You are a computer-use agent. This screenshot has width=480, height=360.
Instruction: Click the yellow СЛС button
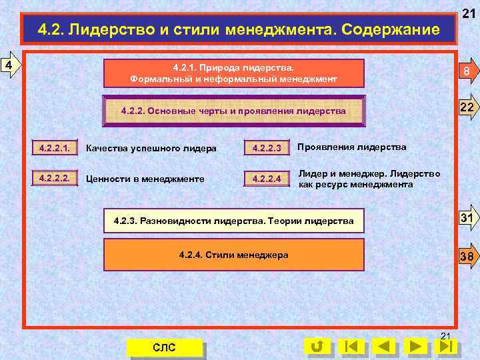tap(164, 347)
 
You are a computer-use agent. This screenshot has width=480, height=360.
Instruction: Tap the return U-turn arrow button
tap(317, 347)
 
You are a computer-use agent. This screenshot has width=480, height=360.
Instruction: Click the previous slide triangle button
tap(383, 347)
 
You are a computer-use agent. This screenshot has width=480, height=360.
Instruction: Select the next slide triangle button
tap(417, 347)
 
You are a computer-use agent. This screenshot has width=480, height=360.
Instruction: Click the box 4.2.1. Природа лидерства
tap(234, 73)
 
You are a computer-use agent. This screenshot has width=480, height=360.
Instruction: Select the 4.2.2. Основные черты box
tap(234, 111)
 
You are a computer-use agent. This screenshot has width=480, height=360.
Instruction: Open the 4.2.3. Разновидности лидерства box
tap(234, 220)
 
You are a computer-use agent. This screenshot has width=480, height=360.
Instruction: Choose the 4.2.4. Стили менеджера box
tap(234, 255)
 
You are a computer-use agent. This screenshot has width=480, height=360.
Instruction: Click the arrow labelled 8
tap(466, 73)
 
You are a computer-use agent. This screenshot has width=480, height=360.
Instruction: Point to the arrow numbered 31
tap(466, 219)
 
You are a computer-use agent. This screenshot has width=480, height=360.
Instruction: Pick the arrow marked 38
tap(466, 255)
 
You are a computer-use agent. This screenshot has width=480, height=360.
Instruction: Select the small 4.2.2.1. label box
tap(55, 147)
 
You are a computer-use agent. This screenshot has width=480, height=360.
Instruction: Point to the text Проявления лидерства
tap(351, 147)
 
